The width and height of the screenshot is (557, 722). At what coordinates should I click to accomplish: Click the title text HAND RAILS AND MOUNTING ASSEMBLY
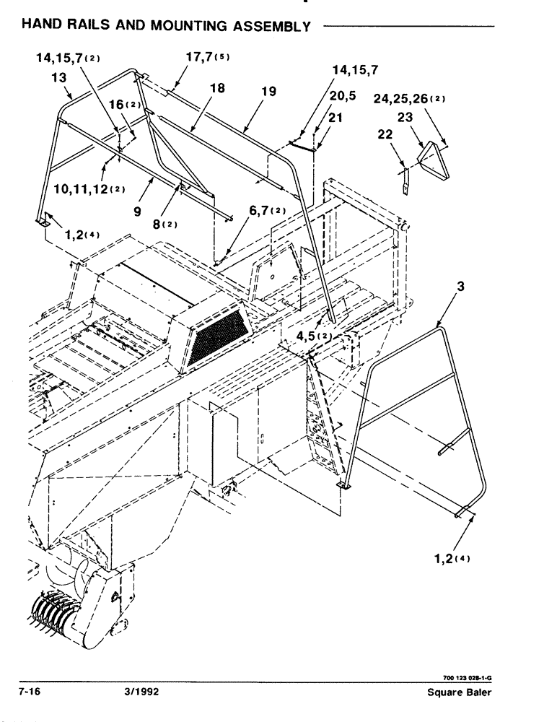166,25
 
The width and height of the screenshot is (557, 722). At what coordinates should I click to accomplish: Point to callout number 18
217,87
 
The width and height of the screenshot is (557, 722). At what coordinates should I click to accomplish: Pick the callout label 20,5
344,96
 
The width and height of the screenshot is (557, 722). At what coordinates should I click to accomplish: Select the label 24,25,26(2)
409,99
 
